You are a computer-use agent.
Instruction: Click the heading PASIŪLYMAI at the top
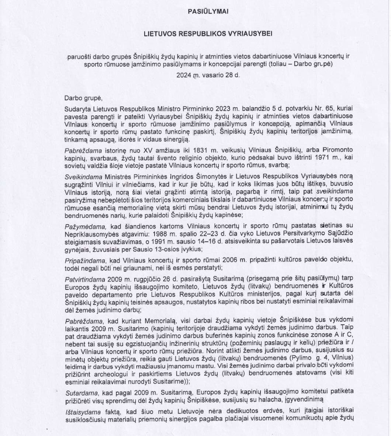coord(208,11)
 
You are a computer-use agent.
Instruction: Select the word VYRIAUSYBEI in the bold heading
coord(252,33)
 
